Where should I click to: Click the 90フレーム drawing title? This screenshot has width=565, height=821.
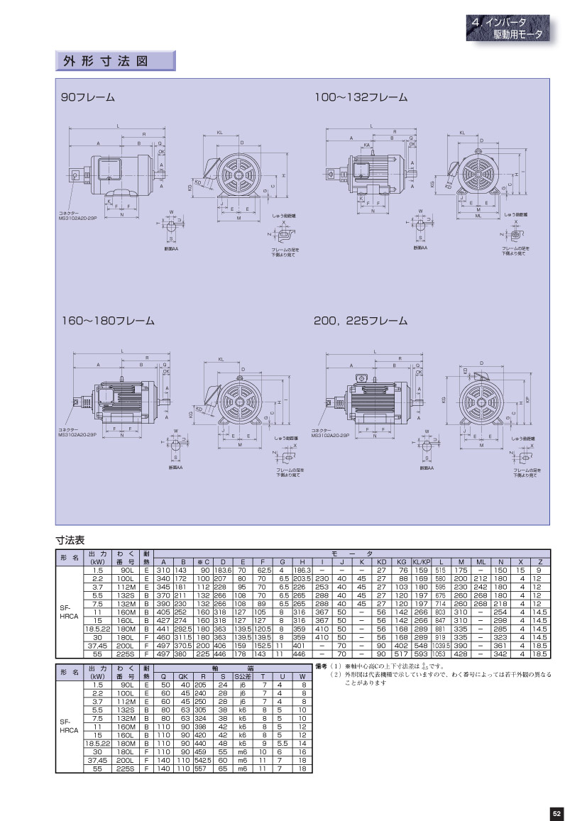click(x=88, y=97)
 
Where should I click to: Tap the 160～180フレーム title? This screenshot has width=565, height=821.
click(x=107, y=321)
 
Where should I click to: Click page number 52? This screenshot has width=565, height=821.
click(x=556, y=813)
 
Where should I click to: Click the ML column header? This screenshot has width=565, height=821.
click(x=481, y=562)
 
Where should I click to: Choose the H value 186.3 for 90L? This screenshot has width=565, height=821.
click(x=302, y=570)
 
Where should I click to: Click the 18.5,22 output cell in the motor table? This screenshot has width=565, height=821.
click(x=96, y=627)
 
